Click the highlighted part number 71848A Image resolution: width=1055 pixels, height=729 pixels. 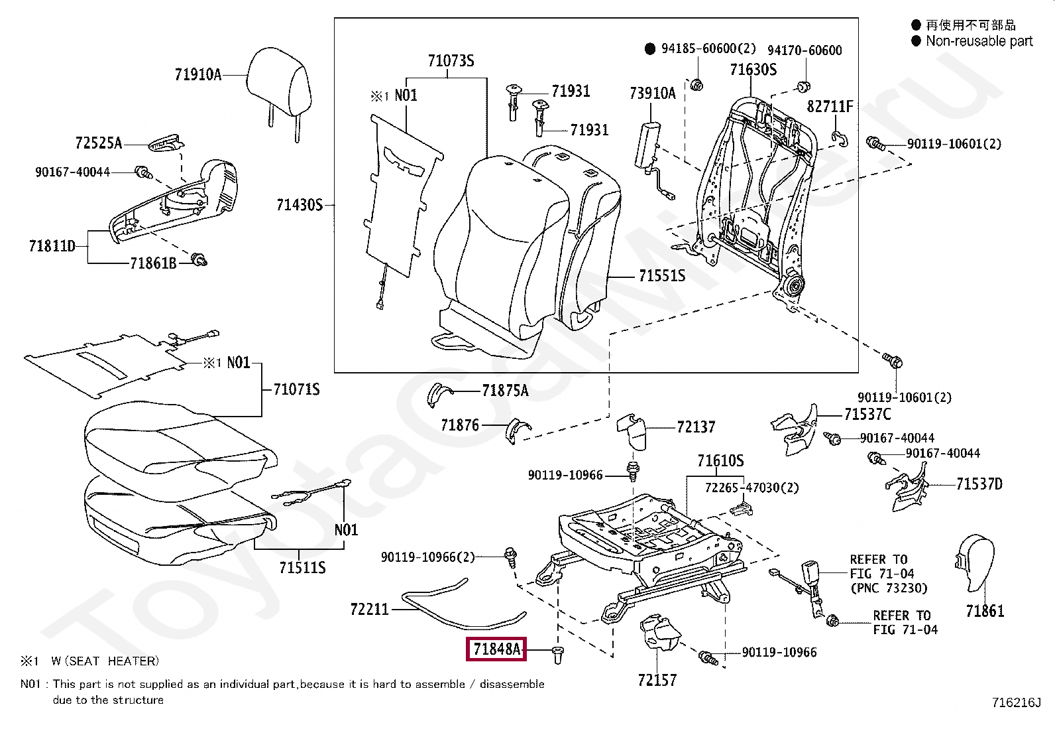(496, 649)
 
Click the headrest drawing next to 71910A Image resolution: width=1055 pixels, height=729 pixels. (279, 86)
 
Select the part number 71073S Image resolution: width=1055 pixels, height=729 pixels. (451, 61)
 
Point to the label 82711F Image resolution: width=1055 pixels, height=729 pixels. (830, 107)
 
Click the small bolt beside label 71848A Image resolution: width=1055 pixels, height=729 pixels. (557, 655)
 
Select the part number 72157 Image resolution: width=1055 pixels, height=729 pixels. (657, 681)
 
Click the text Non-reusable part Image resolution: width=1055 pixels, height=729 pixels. (979, 41)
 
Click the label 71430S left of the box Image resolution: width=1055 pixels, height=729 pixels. (300, 205)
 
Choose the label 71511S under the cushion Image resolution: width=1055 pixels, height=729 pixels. (302, 568)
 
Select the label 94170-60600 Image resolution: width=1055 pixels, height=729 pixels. (805, 50)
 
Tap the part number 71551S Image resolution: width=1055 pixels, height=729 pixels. (661, 276)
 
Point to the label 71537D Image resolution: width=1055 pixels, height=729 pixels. (979, 484)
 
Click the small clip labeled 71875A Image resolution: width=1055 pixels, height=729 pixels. (439, 393)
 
